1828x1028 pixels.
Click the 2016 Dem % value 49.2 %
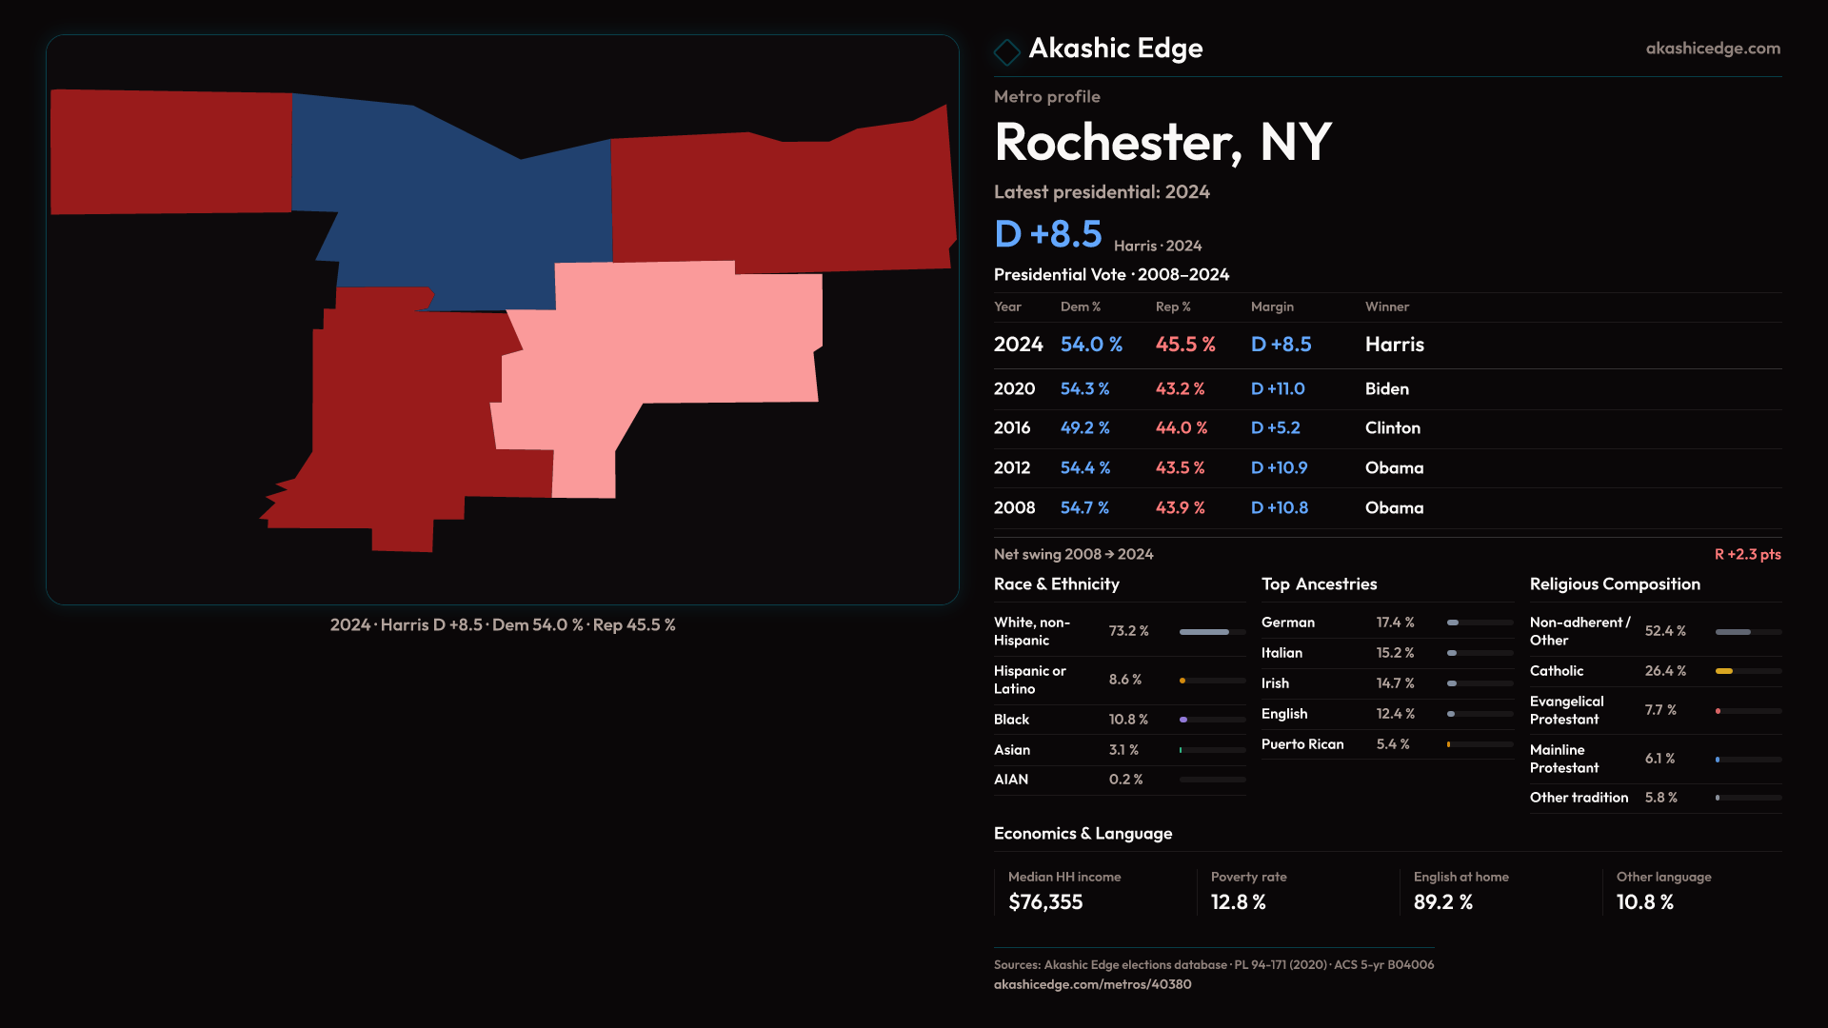pyautogui.click(x=1085, y=428)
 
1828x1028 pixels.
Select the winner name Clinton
pyautogui.click(x=1393, y=428)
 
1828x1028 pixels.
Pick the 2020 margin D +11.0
pyautogui.click(x=1278, y=389)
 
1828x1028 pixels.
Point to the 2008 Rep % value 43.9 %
pyautogui.click(x=1181, y=508)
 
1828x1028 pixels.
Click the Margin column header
pyautogui.click(x=1272, y=306)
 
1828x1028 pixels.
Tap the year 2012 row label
pyautogui.click(x=1012, y=468)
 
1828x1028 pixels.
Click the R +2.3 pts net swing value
pyautogui.click(x=1747, y=554)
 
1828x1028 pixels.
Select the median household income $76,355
pyautogui.click(x=1045, y=902)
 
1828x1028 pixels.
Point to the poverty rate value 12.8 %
pyautogui.click(x=1239, y=902)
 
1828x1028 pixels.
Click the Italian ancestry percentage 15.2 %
pyautogui.click(x=1395, y=653)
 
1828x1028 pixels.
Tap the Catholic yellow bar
pyautogui.click(x=1724, y=671)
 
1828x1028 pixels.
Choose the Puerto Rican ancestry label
pyautogui.click(x=1302, y=744)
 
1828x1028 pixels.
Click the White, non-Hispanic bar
pyautogui.click(x=1204, y=632)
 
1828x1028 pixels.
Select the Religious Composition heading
pyautogui.click(x=1615, y=584)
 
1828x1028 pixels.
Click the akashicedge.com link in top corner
pyautogui.click(x=1713, y=49)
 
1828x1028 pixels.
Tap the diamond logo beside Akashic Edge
pyautogui.click(x=1006, y=51)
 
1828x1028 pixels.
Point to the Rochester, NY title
pyautogui.click(x=1162, y=143)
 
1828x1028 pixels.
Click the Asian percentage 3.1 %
pyautogui.click(x=1123, y=750)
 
